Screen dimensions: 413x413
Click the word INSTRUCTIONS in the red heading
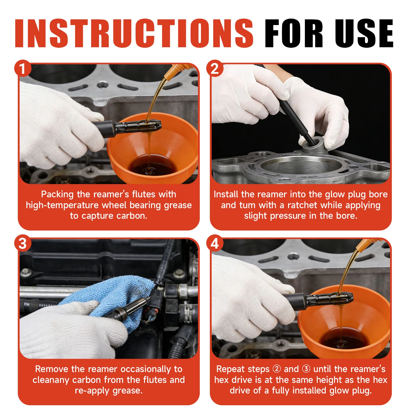tap(134, 33)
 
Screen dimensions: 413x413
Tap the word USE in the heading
tap(364, 33)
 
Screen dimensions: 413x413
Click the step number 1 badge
tap(23, 68)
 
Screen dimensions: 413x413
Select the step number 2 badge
tap(215, 68)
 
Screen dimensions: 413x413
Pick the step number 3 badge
tap(23, 243)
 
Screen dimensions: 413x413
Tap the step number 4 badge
tap(215, 243)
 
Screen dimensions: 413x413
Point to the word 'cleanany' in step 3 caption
tap(51, 380)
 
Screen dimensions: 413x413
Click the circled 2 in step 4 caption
tap(277, 369)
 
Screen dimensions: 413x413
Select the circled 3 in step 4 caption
tap(306, 369)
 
